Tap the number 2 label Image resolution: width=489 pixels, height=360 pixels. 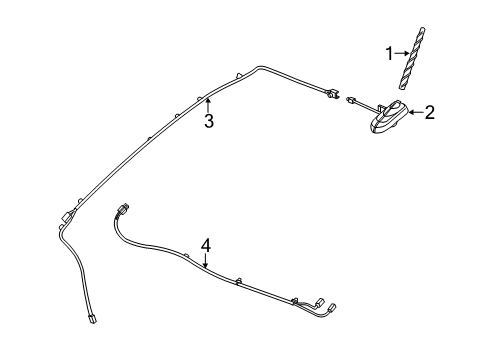coord(430,113)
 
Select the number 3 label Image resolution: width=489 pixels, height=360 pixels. coord(209,122)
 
